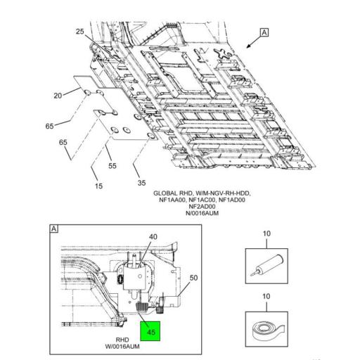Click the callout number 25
point(80,32)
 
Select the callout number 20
point(58,96)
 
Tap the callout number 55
point(112,166)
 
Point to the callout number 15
point(98,186)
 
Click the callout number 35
point(141,183)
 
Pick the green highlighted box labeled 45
point(150,331)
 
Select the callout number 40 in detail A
point(153,237)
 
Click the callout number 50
point(193,278)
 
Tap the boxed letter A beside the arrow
point(264,32)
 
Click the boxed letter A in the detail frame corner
point(54,229)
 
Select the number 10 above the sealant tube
point(266,233)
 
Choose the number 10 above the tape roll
point(266,297)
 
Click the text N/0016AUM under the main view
point(202,213)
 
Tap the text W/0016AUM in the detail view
point(122,347)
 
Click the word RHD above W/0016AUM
point(122,340)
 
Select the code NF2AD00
point(202,207)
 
